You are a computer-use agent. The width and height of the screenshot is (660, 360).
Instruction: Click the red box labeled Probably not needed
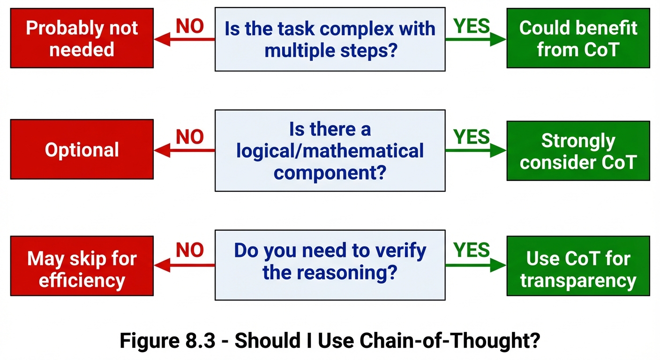[82, 38]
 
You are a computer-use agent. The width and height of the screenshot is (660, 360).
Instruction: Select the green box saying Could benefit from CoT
[578, 38]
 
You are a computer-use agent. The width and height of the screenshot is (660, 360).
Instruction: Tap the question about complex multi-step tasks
[330, 39]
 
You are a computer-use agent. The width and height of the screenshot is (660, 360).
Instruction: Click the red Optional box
[82, 150]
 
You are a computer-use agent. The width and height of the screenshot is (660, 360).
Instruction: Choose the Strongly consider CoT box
[578, 151]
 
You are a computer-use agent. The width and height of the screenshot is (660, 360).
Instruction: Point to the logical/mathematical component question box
[330, 150]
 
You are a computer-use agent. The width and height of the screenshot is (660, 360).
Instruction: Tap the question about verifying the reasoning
[330, 265]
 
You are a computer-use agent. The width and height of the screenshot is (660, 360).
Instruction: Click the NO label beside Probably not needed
[190, 27]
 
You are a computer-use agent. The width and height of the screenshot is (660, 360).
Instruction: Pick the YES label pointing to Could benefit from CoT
[472, 27]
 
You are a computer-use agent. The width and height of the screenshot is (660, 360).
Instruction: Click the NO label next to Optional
[190, 137]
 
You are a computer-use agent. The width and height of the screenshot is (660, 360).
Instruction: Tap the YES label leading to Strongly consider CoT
[472, 137]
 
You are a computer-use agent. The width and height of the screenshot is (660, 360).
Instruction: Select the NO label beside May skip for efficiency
[190, 251]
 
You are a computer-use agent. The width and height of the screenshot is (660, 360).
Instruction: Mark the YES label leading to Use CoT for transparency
[472, 251]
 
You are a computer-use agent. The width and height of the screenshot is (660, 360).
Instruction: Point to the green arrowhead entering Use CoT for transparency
[498, 265]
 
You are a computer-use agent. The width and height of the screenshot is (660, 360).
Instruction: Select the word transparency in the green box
[578, 280]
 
